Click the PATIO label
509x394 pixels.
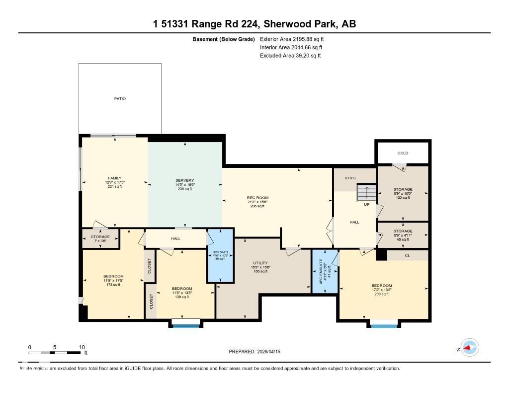(120, 99)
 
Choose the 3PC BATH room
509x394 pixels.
(220, 255)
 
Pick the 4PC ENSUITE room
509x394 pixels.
(325, 270)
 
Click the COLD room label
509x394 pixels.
(403, 153)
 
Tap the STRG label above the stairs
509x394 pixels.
(351, 178)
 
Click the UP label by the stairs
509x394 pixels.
(367, 204)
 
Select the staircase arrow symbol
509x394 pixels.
(366, 192)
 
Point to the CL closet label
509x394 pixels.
(407, 255)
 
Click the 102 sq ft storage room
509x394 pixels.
(403, 193)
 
